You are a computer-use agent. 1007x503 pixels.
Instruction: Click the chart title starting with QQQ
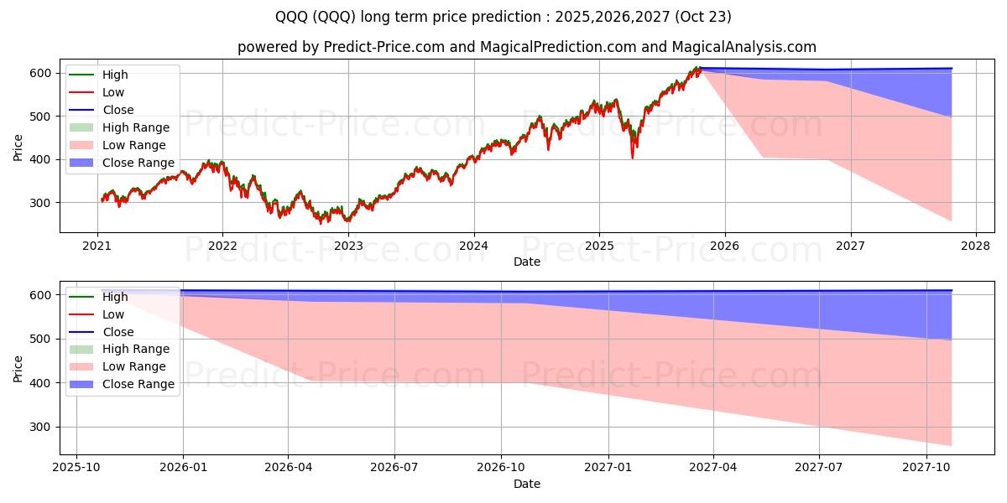click(x=503, y=17)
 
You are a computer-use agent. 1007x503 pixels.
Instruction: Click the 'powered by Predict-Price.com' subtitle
click(x=526, y=47)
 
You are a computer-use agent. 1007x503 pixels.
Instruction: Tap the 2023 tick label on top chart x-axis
click(x=348, y=246)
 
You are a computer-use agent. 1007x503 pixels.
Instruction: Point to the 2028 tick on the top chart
click(x=976, y=246)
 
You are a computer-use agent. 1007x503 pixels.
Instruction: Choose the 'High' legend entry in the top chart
click(x=116, y=75)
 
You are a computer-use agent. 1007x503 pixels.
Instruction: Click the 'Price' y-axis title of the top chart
click(x=18, y=148)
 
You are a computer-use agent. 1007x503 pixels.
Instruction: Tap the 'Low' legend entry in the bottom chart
click(x=113, y=314)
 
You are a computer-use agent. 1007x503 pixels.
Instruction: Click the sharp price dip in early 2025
click(x=632, y=156)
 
